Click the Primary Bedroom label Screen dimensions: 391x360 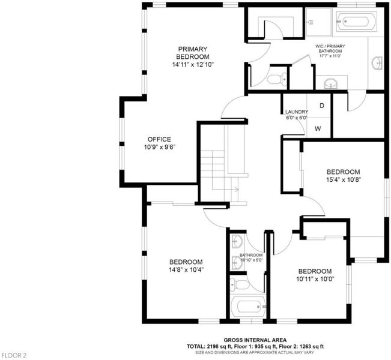point(193,53)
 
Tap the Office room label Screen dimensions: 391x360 point(159,139)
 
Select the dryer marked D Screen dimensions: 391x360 point(322,106)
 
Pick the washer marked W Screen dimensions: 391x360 point(318,128)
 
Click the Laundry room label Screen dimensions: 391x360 point(297,112)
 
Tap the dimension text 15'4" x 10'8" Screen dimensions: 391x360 point(344,179)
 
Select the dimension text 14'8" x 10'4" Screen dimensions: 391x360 point(186,269)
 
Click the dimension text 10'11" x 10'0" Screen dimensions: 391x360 point(315,279)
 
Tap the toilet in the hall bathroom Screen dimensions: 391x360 point(239,284)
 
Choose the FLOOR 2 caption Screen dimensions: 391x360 point(14,355)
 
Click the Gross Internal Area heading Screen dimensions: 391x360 point(255,340)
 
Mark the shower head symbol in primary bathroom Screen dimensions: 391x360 point(311,22)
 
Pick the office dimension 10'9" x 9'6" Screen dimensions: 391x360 point(160,147)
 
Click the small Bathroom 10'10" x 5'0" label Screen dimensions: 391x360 point(251,257)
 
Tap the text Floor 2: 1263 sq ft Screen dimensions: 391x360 point(302,347)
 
